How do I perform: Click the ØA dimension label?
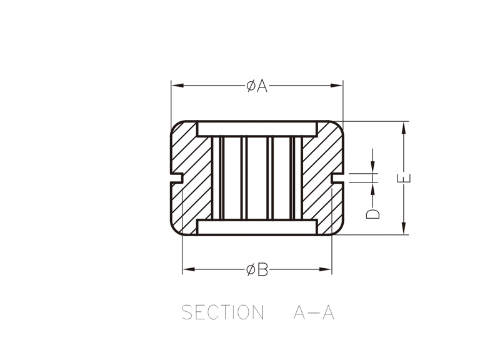click(x=257, y=86)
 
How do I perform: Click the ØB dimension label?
click(x=257, y=270)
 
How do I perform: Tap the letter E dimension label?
click(x=404, y=178)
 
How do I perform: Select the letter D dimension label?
click(x=372, y=214)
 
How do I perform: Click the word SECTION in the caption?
click(x=222, y=312)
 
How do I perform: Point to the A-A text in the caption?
click(x=314, y=312)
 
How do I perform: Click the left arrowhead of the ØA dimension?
click(x=178, y=86)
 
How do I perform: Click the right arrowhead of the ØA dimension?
click(x=336, y=86)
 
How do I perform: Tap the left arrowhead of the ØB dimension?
click(x=189, y=269)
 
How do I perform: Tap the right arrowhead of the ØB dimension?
click(x=325, y=269)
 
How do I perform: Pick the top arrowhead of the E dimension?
click(x=404, y=128)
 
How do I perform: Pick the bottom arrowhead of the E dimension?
click(x=404, y=228)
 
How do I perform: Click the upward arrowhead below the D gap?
click(x=372, y=189)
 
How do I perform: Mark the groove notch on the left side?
click(x=177, y=178)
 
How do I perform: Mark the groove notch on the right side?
click(x=337, y=178)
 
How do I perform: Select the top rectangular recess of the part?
click(x=257, y=129)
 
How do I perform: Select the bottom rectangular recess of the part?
click(x=257, y=227)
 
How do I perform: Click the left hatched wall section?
click(x=191, y=178)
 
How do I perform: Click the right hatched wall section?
click(x=322, y=178)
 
